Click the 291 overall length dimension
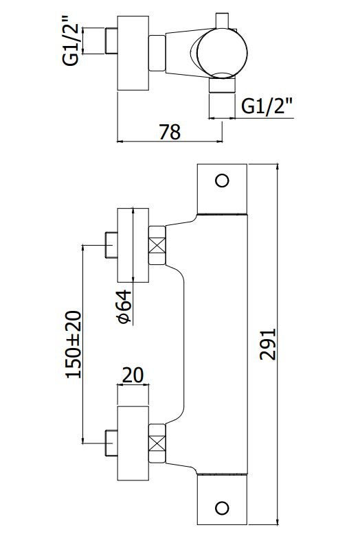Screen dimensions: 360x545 coord(268,344)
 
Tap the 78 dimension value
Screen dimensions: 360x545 coord(170,132)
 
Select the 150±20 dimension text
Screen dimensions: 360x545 coord(74,344)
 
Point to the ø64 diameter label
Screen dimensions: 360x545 coord(125,307)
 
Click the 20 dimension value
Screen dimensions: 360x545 coord(133,375)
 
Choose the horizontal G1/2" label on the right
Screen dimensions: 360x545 coord(267,106)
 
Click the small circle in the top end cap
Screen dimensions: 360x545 coord(222,181)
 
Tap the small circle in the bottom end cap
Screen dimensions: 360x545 coord(222,508)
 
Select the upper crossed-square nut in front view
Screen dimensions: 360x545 coord(157,246)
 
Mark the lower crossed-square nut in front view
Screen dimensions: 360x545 coord(157,443)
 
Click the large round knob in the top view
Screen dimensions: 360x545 coord(222,53)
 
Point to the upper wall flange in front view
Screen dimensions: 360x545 coord(133,245)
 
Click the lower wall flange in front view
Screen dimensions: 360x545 coord(133,443)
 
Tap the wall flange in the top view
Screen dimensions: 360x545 coord(133,53)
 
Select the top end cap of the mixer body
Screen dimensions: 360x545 coord(222,189)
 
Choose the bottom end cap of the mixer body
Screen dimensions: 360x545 coord(222,500)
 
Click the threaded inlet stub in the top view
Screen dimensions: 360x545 coord(111,41)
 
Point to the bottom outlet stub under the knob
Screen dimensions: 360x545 coord(222,85)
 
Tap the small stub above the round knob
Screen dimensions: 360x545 coord(222,21)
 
